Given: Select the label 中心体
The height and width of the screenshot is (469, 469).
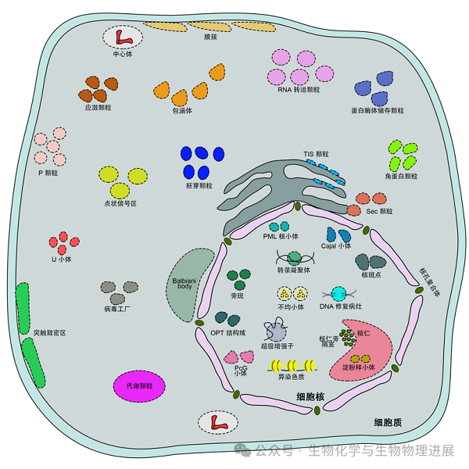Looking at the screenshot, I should coord(124,54).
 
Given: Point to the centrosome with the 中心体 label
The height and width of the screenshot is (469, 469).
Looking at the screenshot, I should coord(124,36).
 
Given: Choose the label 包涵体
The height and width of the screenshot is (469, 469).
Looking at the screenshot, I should coord(181,110).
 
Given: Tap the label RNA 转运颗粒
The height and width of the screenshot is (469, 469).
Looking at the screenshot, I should coord(299,89).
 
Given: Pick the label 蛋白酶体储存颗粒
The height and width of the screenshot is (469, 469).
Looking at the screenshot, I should coord(378,110).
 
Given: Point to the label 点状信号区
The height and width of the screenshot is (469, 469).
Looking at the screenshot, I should coord(120,203).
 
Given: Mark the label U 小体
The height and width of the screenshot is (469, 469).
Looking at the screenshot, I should coord(60,259).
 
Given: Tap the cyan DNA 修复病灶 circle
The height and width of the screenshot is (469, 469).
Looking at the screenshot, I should coord(338,294).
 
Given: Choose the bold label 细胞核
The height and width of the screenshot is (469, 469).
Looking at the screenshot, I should coord(311,397).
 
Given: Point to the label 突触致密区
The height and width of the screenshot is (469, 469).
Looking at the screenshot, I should coord(49,332).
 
